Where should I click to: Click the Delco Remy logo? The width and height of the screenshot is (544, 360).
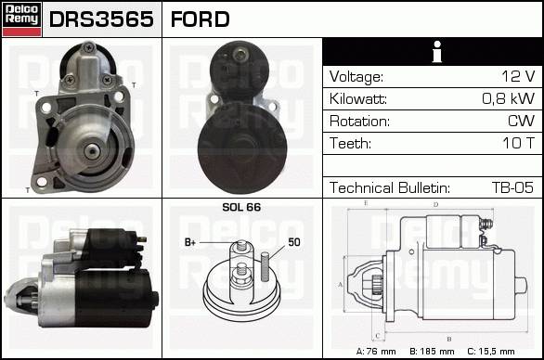coord(22,19)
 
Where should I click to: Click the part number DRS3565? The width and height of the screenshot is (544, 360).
coord(101,19)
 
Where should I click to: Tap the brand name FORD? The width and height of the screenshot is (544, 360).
coord(201,19)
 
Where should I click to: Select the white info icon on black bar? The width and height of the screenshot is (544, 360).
coord(437,52)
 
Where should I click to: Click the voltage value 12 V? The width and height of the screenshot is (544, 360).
coord(518,76)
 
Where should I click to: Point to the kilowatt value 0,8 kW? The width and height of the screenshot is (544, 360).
coord(509,98)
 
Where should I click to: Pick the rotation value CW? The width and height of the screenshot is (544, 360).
coord(521,121)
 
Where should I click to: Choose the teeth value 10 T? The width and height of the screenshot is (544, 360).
coord(519,143)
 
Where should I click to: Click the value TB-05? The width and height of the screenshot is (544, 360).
coord(512,187)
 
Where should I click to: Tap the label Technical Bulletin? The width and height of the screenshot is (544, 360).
coord(390,187)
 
